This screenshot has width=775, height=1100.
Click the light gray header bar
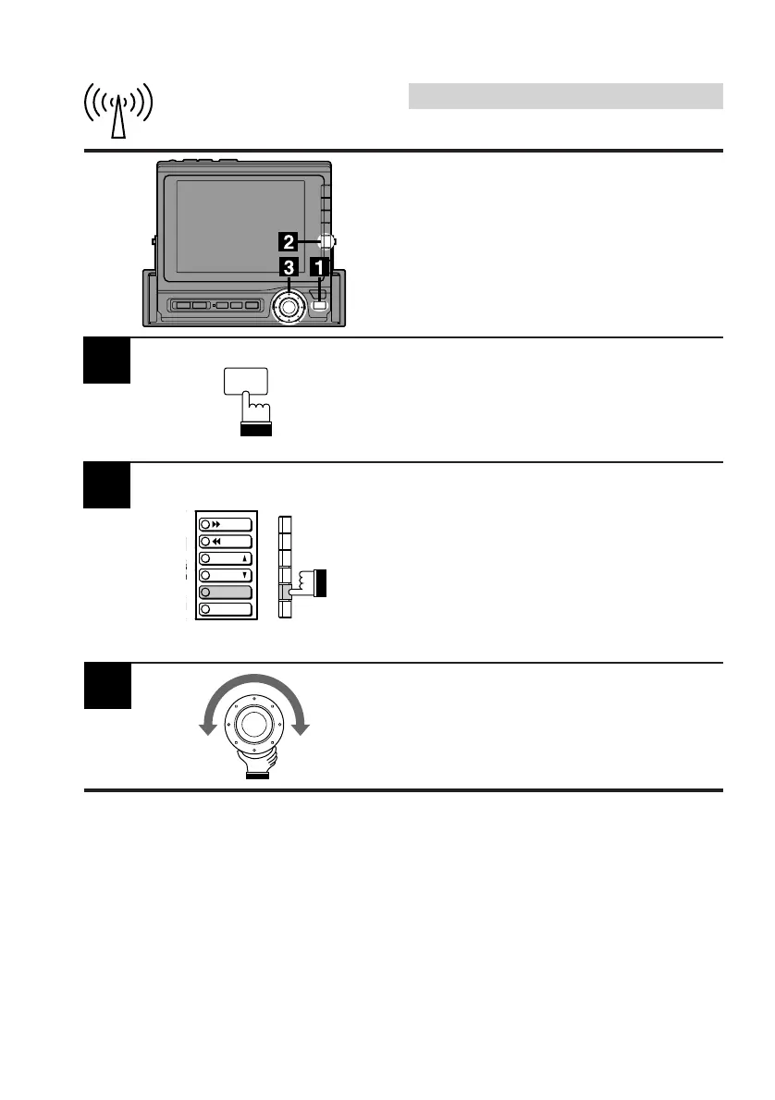pos(565,96)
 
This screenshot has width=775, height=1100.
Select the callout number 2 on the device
pos(289,242)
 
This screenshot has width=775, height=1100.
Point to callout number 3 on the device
pos(289,267)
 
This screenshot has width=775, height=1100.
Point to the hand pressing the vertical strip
pos(311,583)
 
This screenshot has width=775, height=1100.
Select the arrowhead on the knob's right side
pos(301,729)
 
